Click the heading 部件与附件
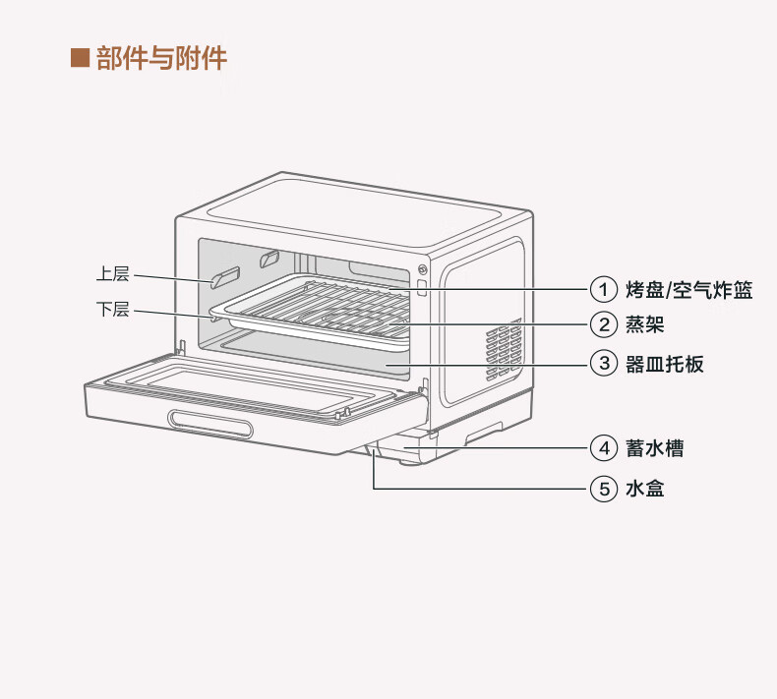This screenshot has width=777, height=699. point(161,57)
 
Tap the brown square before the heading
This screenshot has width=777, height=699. point(81,57)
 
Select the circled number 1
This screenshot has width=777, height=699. point(603,290)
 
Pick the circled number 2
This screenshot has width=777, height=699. point(603,324)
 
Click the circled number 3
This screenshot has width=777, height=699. point(603,364)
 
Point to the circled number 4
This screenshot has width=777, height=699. point(603,448)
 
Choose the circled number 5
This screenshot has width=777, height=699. point(603,488)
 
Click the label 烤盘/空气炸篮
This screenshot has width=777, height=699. point(688,290)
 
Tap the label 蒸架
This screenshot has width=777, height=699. point(644,324)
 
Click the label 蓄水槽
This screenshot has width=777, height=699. point(654,448)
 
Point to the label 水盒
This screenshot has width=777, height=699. point(644,488)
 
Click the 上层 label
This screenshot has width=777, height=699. point(113,274)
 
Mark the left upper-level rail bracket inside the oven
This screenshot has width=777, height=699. point(225,277)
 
